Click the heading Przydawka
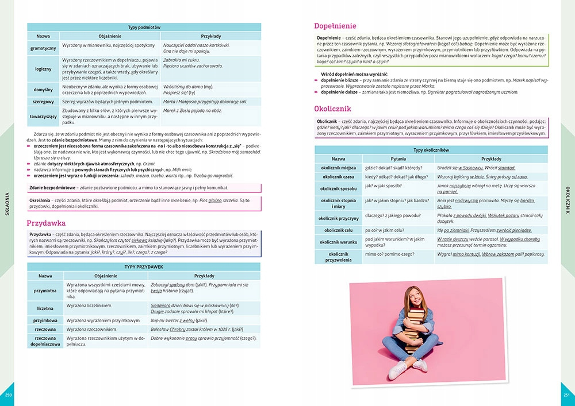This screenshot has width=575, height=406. point(47,222)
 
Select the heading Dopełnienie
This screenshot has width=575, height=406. point(335,26)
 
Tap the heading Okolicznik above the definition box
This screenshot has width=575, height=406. point(333,108)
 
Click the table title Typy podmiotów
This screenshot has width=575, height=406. point(144,27)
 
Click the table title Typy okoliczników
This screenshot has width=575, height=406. point(431,150)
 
